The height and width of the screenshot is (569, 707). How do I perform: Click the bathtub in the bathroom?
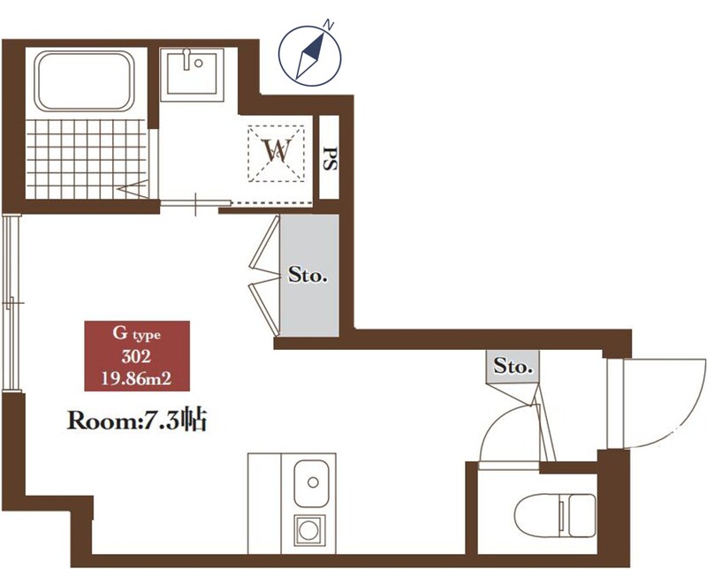tap(84, 81)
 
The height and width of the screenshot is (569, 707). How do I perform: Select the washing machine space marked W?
tap(276, 154)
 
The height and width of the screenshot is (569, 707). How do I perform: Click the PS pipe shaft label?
tap(330, 158)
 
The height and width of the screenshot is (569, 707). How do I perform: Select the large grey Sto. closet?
tap(308, 275)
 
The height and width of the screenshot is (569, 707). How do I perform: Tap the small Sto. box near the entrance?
tap(513, 367)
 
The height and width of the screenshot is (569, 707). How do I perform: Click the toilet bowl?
tap(555, 515)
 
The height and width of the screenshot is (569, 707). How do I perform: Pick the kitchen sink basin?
tap(311, 483)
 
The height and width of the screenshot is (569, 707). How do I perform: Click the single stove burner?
tap(310, 530)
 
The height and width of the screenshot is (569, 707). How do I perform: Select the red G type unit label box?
tap(137, 356)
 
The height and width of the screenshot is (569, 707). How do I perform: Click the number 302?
tap(136, 357)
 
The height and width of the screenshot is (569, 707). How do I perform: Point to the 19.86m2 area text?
tap(136, 379)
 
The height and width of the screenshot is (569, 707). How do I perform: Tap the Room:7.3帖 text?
tap(137, 421)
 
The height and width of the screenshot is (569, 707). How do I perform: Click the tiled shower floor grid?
tap(87, 159)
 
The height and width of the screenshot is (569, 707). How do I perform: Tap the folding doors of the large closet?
tap(264, 275)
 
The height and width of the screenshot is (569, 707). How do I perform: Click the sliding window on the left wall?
tap(11, 303)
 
